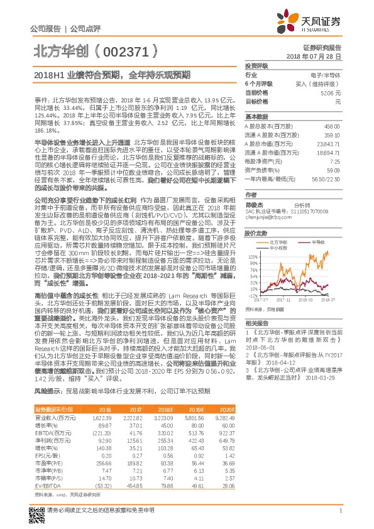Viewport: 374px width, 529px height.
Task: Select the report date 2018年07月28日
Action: click(317, 56)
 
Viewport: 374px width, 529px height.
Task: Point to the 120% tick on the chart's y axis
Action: click(252, 256)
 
